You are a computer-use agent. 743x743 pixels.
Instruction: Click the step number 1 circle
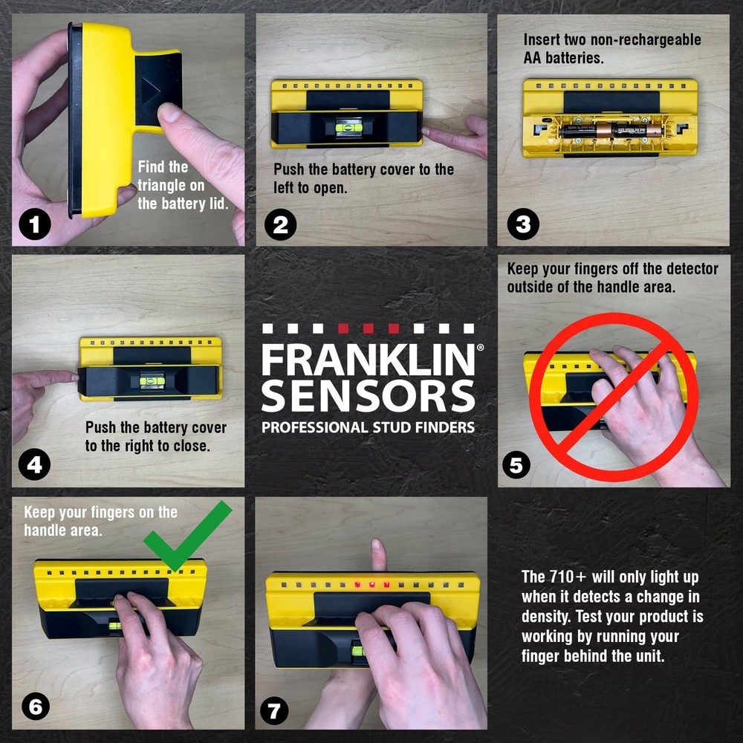[x=35, y=225]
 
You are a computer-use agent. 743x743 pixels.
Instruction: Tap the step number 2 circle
[x=280, y=225]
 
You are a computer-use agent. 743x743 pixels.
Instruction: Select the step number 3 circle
[x=522, y=225]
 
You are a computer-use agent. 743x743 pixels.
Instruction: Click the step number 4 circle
[x=35, y=466]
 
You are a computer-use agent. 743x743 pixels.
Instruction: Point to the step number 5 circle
[x=516, y=466]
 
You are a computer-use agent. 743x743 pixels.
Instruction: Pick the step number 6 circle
[x=35, y=707]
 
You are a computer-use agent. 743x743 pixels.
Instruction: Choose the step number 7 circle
[x=273, y=711]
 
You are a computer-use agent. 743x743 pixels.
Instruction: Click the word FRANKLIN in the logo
[x=368, y=361]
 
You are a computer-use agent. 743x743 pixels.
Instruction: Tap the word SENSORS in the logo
[x=368, y=395]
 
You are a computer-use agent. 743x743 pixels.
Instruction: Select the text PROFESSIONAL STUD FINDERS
[x=368, y=427]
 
